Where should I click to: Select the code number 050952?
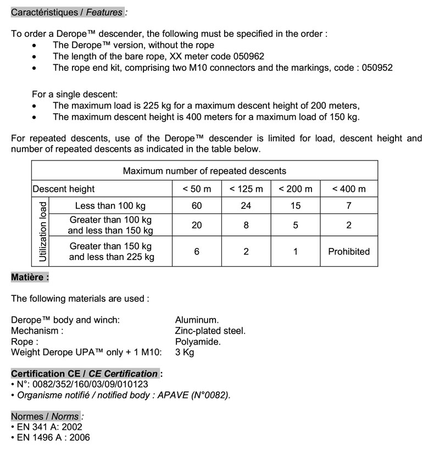coord(377,68)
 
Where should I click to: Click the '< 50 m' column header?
coord(197,189)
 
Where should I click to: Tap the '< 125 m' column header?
coord(246,189)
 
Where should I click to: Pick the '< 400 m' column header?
coord(349,189)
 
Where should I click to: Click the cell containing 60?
coord(197,206)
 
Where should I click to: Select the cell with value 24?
coord(246,206)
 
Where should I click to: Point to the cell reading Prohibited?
coord(349,252)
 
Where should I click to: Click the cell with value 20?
coord(197,225)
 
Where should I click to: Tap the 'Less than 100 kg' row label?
coord(110,206)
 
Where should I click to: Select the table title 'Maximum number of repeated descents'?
coord(204,171)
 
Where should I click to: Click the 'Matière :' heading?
coord(30,277)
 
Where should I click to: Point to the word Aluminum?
coord(197,320)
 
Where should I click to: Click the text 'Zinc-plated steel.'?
coord(210,331)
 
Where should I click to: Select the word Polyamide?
coord(198,342)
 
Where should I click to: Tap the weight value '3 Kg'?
coord(185,352)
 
